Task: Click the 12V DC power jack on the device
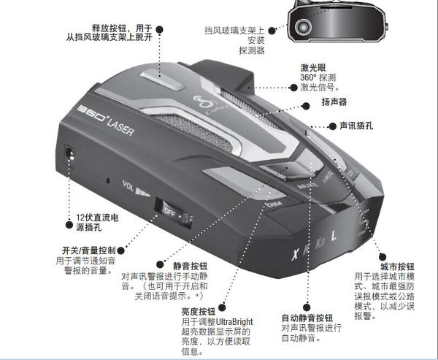click(69, 156)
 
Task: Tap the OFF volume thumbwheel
click(174, 215)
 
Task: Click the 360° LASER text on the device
click(105, 120)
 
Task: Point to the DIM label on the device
click(274, 204)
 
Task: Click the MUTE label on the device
click(307, 185)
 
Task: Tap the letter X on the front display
click(295, 254)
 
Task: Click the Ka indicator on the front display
click(320, 243)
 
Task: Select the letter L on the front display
click(334, 236)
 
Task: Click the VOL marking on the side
click(128, 185)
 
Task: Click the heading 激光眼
click(313, 67)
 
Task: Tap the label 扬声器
click(334, 102)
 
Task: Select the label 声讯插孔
click(356, 126)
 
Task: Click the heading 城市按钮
click(397, 267)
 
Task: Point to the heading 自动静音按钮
click(307, 318)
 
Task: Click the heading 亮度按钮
click(199, 312)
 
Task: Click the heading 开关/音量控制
click(88, 250)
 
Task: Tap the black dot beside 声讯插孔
click(332, 126)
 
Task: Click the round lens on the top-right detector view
click(303, 27)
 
